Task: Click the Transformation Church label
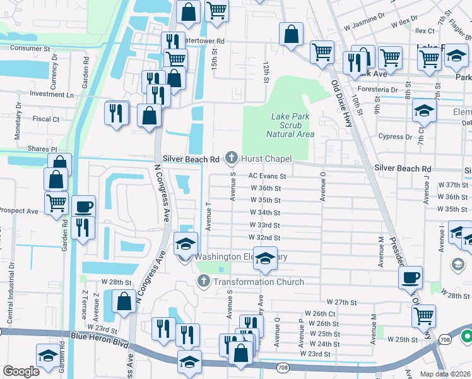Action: [258, 282]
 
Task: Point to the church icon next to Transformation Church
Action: [203, 282]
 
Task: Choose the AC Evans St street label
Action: [268, 176]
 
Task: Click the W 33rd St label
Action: [265, 225]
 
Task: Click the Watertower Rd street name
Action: [204, 40]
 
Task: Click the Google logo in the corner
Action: [21, 371]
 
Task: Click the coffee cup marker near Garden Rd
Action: [83, 207]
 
